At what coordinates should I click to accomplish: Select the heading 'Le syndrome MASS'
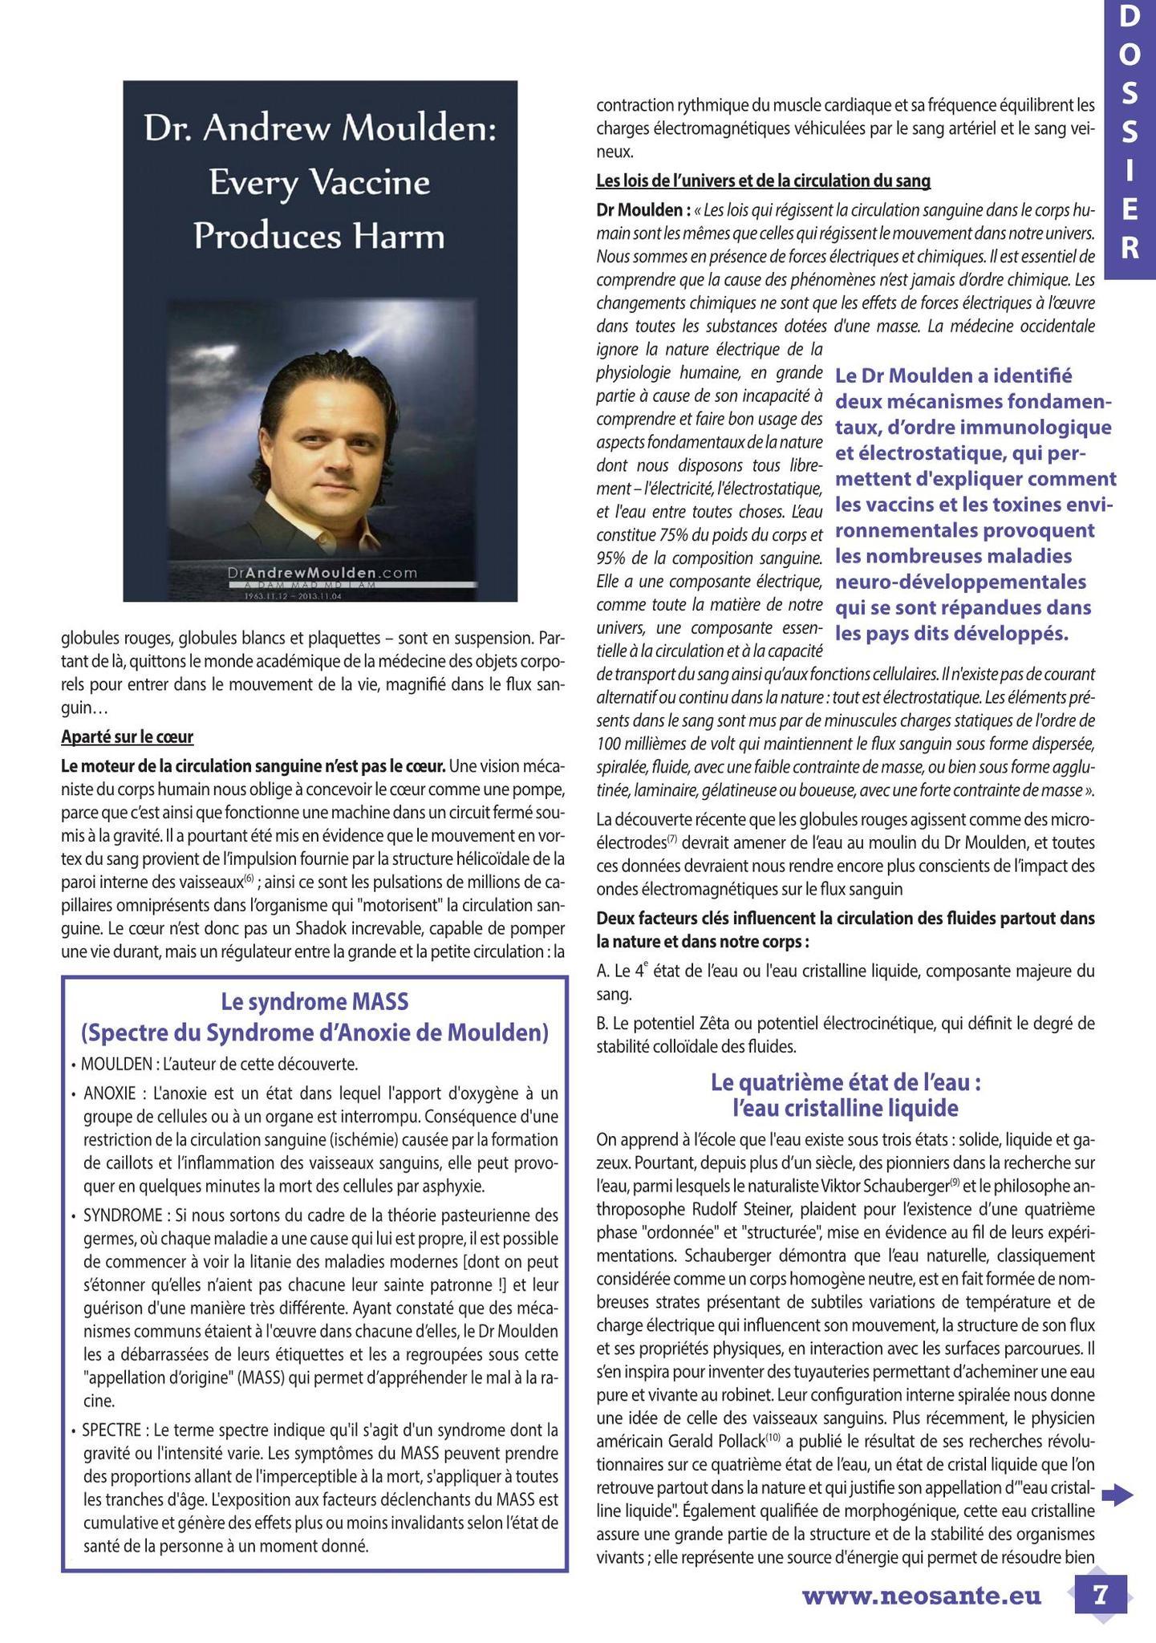(x=314, y=1002)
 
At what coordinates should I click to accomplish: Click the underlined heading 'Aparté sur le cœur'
(x=127, y=736)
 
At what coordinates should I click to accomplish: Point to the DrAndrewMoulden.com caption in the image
(x=322, y=573)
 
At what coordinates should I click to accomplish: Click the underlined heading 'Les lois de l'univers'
(x=763, y=181)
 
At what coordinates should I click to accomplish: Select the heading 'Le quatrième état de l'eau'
(x=846, y=1082)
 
